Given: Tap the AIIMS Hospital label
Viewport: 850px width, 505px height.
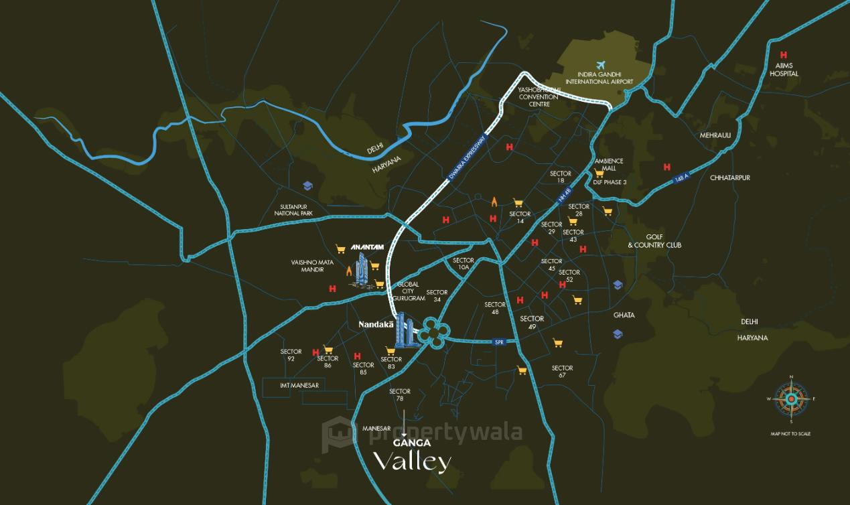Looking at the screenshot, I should [x=784, y=70].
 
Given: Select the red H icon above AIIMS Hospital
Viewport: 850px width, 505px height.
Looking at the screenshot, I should [x=783, y=56].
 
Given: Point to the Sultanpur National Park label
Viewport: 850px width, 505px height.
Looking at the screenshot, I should [x=293, y=210].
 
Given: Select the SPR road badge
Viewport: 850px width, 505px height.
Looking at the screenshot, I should [x=498, y=342].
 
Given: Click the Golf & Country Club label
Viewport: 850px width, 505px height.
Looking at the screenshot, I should [x=654, y=241].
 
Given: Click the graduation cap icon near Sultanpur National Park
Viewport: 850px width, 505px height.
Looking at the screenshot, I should [x=308, y=186].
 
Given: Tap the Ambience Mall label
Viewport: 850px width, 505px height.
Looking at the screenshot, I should [x=609, y=165].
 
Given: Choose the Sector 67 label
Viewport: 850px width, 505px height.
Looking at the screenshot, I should [x=562, y=371].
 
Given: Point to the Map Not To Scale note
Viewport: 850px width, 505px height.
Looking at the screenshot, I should [x=790, y=434].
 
